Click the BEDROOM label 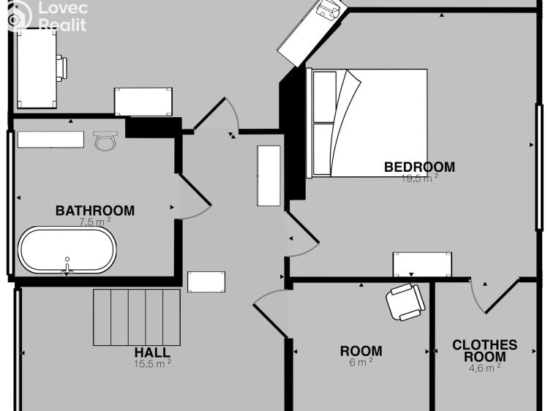(x=419, y=167)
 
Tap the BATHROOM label (x=95, y=211)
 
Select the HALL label (x=152, y=352)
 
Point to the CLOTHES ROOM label (x=485, y=350)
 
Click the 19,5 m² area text (x=420, y=178)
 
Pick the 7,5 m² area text (x=94, y=222)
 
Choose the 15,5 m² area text (x=153, y=363)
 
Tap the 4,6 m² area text (x=485, y=368)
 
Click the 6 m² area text (x=361, y=362)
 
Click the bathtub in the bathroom (x=67, y=250)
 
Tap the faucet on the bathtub (x=67, y=266)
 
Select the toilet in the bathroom (x=105, y=140)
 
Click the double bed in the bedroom (x=367, y=123)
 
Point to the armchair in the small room (x=405, y=302)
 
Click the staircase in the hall (x=137, y=317)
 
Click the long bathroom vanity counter (x=50, y=140)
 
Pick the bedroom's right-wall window (x=540, y=167)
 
